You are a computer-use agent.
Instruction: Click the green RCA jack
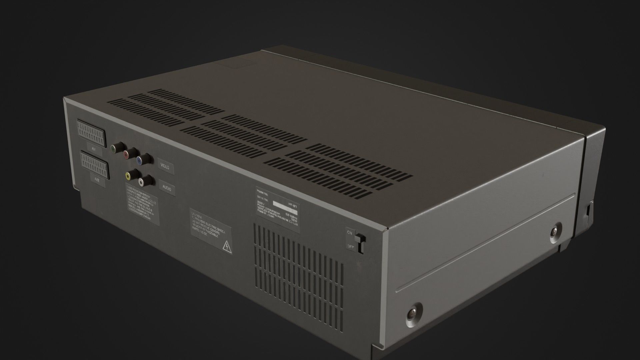(115, 148)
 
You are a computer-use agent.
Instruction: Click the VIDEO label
(165, 166)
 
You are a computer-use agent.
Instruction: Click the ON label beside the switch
(350, 232)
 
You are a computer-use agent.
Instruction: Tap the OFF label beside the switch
(351, 247)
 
